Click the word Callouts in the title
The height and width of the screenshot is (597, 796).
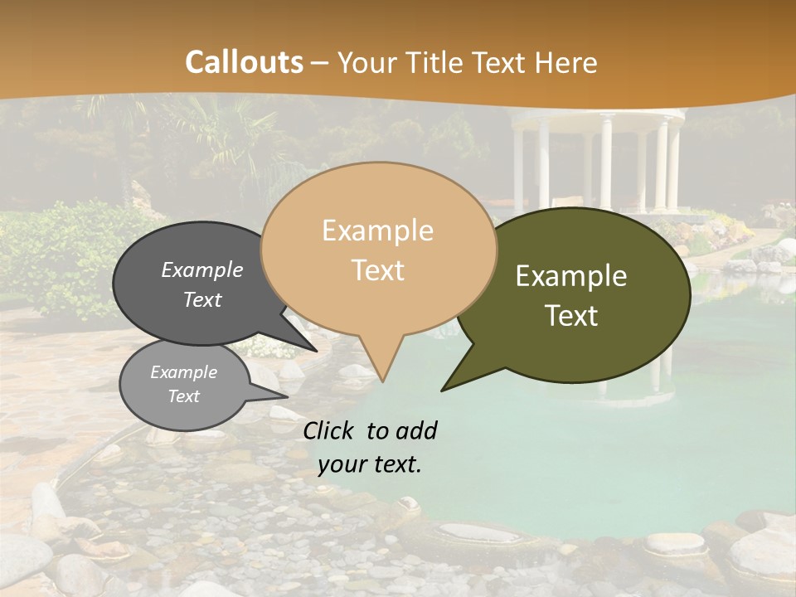click(244, 63)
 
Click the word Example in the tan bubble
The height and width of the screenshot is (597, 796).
click(377, 230)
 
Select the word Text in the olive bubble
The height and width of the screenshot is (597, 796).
click(572, 316)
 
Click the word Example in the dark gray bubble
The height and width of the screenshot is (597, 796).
click(201, 269)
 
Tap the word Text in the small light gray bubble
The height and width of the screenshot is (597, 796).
click(183, 396)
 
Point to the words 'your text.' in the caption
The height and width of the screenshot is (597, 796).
click(369, 464)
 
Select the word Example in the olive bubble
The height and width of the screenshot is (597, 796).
click(571, 276)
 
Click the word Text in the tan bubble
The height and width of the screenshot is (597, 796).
click(378, 270)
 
